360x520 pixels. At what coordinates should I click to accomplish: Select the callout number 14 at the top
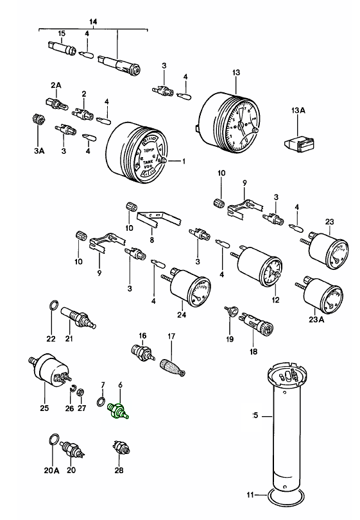click(92, 22)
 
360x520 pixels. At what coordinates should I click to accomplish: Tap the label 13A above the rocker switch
click(298, 111)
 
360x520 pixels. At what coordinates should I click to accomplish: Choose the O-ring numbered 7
click(101, 402)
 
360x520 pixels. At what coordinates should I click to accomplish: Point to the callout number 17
click(171, 335)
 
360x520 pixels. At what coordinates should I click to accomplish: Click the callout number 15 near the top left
click(62, 33)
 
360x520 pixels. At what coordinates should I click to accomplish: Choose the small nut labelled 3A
click(38, 120)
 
